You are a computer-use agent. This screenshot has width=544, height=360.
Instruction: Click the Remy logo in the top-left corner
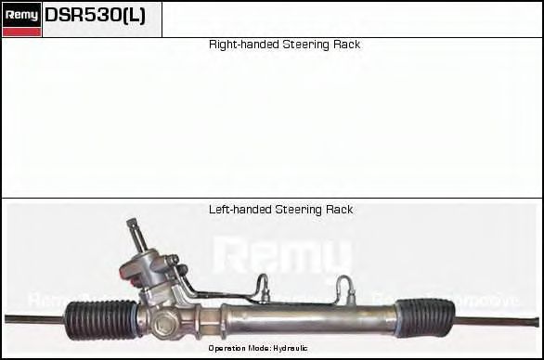21,14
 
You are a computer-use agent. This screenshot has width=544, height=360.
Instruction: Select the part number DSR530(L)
95,15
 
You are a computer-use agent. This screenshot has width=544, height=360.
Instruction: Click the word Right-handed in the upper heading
239,45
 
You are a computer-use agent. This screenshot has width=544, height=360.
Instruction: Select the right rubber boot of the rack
424,317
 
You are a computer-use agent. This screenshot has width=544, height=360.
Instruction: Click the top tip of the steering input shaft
132,224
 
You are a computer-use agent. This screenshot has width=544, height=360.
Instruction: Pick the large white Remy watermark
282,255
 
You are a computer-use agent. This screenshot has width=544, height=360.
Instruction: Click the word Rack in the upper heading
345,45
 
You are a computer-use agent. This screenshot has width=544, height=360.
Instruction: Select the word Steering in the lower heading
297,210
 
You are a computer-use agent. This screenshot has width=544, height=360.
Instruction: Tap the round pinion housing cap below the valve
168,326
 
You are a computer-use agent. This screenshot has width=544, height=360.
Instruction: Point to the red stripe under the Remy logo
21,32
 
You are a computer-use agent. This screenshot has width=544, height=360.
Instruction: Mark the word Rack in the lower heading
338,210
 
